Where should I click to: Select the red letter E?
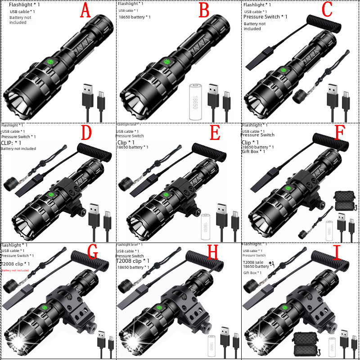point(215,134)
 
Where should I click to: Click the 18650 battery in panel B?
point(196,101)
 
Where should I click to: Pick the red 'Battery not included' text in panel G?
point(15,270)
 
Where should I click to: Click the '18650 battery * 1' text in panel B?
point(135,17)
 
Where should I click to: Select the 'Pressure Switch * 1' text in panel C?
point(265,17)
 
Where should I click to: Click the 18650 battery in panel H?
point(211,346)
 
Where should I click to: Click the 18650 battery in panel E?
point(206,224)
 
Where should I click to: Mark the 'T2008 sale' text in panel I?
point(254,262)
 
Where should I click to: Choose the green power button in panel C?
point(283,70)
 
